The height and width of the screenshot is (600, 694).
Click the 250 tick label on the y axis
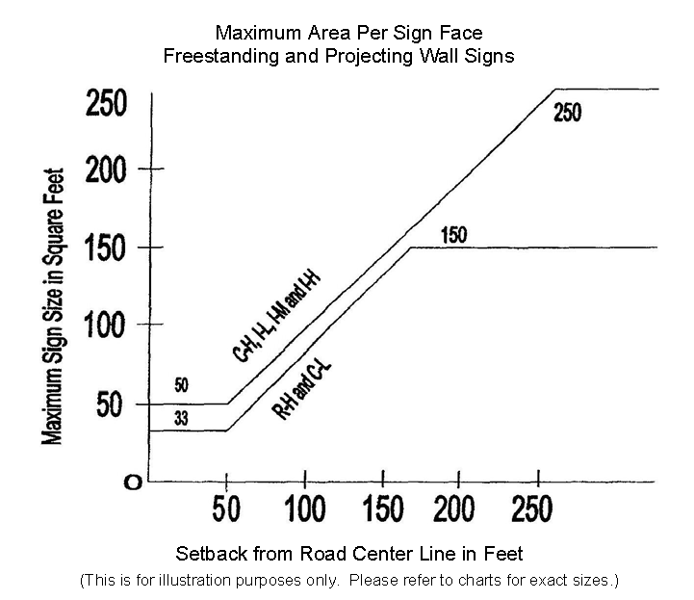pos(107,103)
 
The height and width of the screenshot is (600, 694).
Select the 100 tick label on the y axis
pos(108,326)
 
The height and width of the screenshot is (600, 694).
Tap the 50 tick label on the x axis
pos(226,509)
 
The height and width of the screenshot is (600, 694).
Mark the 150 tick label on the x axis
pos(382,509)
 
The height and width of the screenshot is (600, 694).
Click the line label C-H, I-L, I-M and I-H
pos(275,317)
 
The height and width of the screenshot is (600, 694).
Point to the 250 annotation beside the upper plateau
pos(568,113)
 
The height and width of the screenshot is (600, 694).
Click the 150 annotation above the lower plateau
pos(453,234)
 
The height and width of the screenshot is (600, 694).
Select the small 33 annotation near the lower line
pos(182,418)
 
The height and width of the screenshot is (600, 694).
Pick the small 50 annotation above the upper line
pos(182,386)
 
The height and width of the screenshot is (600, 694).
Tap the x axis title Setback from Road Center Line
pos(349,554)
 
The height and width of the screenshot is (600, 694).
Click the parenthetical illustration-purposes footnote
pos(347,581)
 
